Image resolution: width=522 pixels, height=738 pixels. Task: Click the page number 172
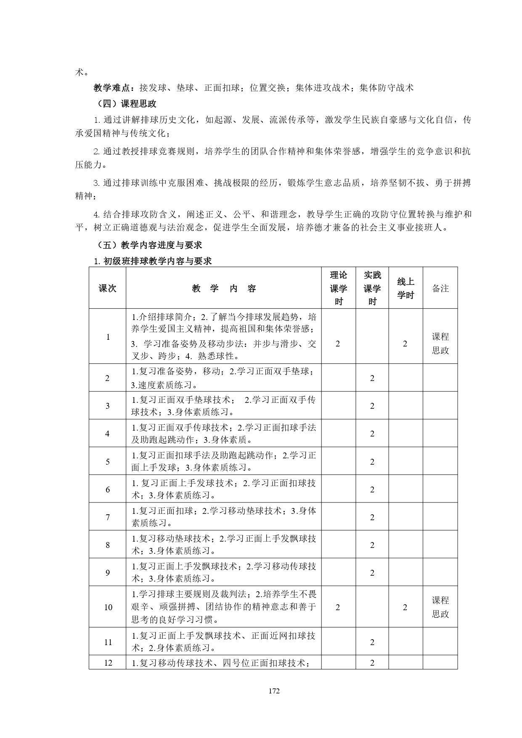(274, 691)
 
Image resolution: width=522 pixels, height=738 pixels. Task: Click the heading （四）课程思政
(126, 103)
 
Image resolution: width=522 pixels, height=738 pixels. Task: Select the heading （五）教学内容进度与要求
(149, 245)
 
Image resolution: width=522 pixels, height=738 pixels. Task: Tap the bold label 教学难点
(111, 87)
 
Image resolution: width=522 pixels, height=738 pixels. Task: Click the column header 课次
(107, 288)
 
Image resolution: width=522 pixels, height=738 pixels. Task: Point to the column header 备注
(440, 288)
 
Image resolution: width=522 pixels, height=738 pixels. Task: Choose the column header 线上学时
(405, 288)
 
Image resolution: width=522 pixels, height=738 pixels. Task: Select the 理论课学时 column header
(339, 288)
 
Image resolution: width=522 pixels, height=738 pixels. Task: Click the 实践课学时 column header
(372, 288)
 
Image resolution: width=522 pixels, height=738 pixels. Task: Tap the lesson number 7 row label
(108, 517)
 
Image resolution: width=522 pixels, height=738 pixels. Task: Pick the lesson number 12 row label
(108, 663)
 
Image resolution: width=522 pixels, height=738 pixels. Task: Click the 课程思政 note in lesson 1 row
(440, 344)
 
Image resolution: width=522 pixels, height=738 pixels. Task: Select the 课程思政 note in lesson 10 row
(440, 607)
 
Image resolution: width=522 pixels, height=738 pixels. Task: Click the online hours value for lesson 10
(405, 607)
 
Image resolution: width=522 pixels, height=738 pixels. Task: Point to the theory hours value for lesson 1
(338, 344)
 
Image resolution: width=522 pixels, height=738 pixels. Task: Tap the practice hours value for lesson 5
(372, 462)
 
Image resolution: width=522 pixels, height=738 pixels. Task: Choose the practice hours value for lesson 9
(372, 573)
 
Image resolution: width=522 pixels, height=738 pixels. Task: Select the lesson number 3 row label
(108, 406)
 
